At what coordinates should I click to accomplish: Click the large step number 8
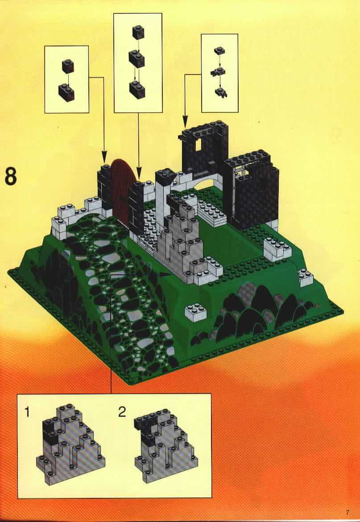pos(11,176)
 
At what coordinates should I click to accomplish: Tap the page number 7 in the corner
pos(348,512)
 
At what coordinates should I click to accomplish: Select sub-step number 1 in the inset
pos(27,413)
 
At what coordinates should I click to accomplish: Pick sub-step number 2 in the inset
pos(122,413)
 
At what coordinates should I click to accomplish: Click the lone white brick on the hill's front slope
pos(196,312)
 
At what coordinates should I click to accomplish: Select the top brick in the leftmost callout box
pos(67,66)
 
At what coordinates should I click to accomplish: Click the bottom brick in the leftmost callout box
pos(66,92)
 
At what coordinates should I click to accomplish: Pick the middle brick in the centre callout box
pos(137,58)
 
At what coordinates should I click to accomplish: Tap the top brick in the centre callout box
pos(138,32)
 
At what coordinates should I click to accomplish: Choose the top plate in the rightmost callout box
pos(219,51)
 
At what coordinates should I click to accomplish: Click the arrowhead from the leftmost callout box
pos(104,157)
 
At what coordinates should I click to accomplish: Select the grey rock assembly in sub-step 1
pos(70,444)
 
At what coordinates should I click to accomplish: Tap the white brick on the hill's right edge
pos(306,278)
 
